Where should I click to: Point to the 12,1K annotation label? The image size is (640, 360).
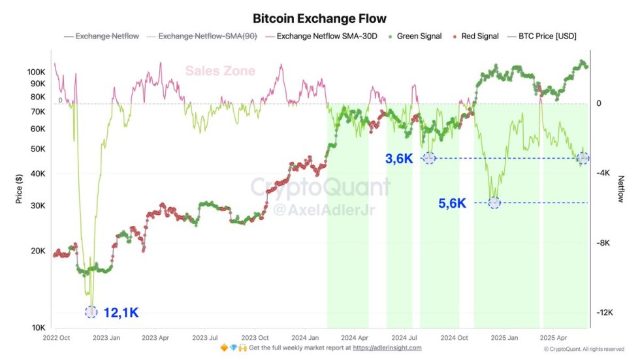tap(121, 312)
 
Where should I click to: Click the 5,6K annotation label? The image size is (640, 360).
tap(452, 203)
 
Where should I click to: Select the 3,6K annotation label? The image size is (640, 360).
tap(398, 158)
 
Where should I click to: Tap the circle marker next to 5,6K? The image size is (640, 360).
tap(494, 203)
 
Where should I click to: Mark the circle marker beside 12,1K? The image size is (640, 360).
tap(91, 312)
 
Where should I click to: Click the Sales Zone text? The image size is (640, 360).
tap(220, 71)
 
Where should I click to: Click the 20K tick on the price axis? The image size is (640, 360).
tap(37, 251)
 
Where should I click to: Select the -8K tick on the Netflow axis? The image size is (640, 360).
tap(604, 243)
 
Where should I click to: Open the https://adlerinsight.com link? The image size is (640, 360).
tap(387, 348)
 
